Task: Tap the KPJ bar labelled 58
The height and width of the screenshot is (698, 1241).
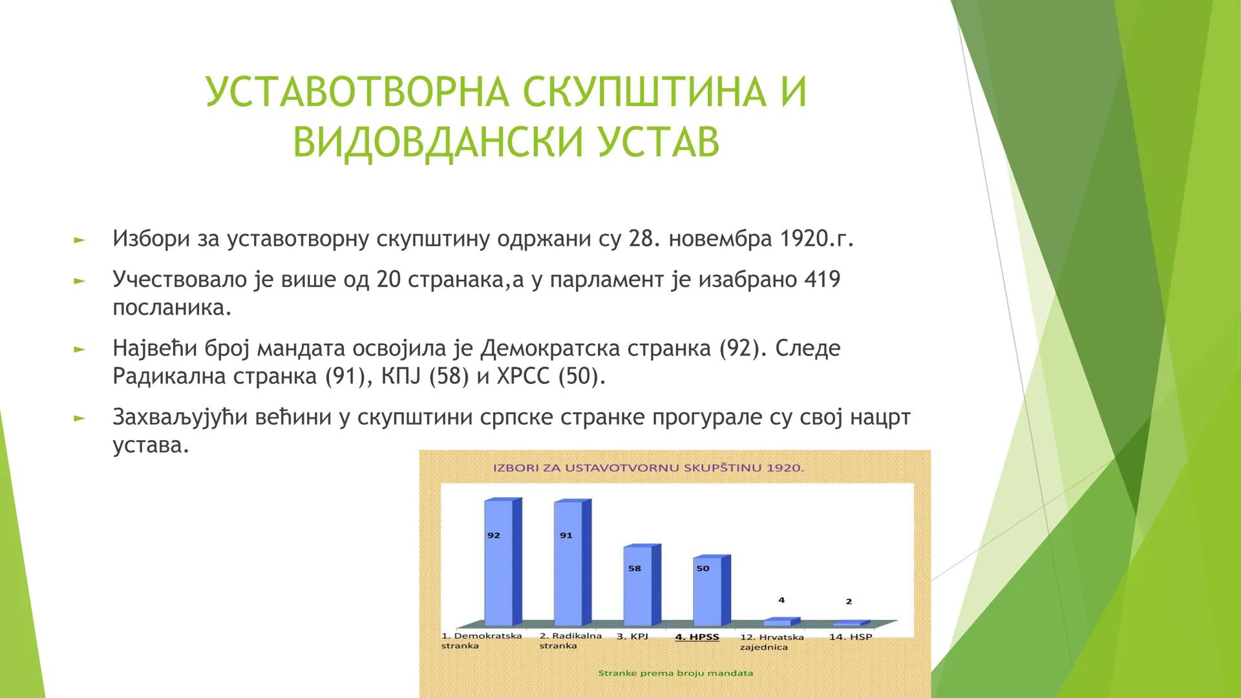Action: [x=637, y=585]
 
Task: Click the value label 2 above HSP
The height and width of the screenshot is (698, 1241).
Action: [x=849, y=601]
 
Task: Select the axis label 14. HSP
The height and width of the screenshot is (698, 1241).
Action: [x=850, y=637]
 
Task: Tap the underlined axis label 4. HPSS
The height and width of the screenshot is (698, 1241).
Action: [x=697, y=637]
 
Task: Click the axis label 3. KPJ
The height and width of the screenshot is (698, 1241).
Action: [x=631, y=636]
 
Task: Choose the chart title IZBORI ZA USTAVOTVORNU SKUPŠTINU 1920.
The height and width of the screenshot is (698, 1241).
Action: [x=648, y=467]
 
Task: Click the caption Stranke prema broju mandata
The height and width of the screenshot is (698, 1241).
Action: [x=675, y=673]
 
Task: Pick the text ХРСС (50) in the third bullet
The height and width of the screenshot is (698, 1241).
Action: [x=551, y=376]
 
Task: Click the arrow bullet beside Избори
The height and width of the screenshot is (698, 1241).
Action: [x=79, y=240]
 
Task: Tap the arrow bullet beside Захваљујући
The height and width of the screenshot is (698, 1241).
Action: [x=79, y=418]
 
